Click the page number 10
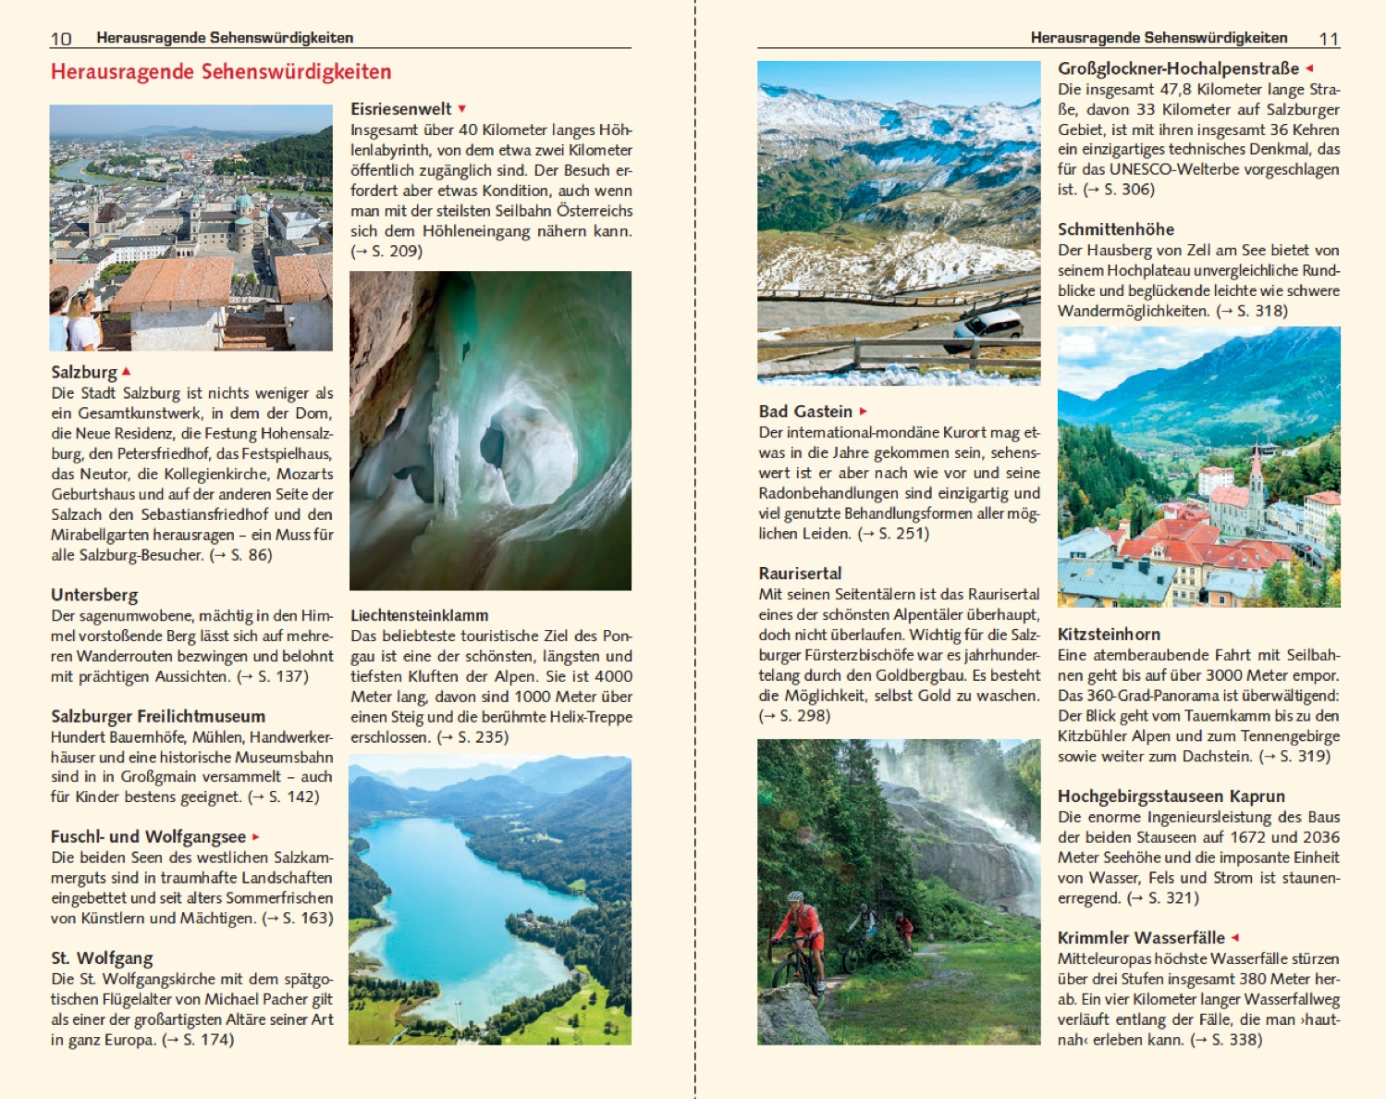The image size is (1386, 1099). tap(60, 38)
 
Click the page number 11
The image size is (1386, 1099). tap(1329, 38)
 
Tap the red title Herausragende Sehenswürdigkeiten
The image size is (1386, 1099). tap(221, 72)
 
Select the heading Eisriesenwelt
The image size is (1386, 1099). tap(400, 109)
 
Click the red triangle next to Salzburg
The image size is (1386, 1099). tap(126, 371)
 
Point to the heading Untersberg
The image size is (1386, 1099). tap(94, 595)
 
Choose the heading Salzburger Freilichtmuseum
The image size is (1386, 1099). tap(158, 716)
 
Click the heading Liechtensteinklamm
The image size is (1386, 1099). tap(419, 615)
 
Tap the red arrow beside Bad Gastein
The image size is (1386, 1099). tap(864, 412)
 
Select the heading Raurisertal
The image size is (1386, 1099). tap(800, 574)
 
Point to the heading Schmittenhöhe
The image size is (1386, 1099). tap(1116, 229)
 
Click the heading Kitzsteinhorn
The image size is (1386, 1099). tap(1109, 635)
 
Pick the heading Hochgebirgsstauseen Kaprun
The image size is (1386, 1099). tap(1171, 796)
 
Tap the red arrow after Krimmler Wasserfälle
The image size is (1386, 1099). tap(1234, 937)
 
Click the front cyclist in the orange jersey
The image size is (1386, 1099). tap(798, 934)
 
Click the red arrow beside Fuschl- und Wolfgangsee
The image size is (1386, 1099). tap(255, 837)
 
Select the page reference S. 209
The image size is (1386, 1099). tap(396, 252)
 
